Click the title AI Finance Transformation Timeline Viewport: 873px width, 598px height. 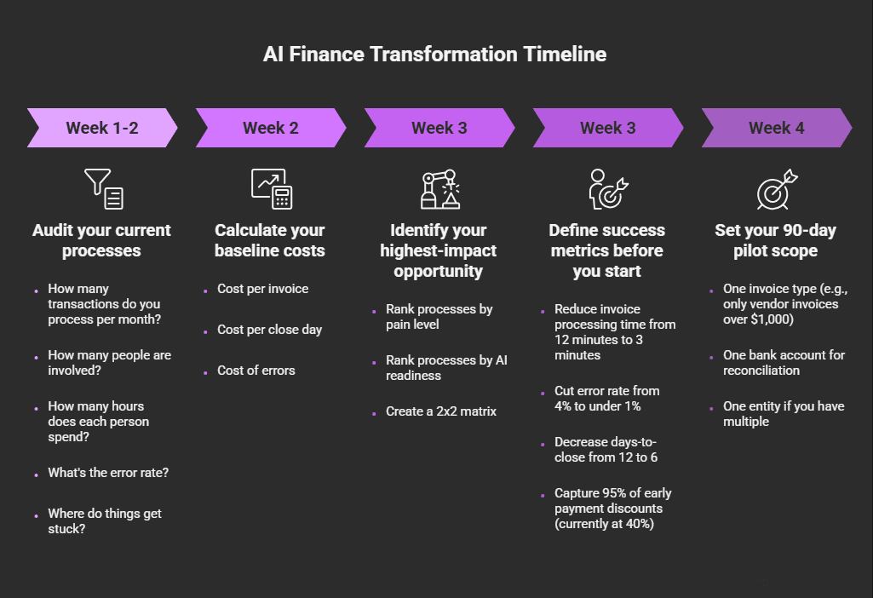point(435,55)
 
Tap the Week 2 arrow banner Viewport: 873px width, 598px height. point(271,129)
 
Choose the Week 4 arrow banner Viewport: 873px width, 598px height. point(776,129)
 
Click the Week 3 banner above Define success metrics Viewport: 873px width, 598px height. point(608,129)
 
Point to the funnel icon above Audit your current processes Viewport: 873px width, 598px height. point(103,188)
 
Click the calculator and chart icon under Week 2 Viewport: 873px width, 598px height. point(271,188)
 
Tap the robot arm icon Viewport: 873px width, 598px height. point(439,188)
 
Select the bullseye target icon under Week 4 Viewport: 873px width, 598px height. point(777,188)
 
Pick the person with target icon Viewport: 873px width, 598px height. point(608,188)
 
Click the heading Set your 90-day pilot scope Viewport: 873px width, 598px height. point(776,240)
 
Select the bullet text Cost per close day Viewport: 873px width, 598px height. point(269,330)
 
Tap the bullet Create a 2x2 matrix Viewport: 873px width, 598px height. point(440,411)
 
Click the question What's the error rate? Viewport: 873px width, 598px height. point(108,473)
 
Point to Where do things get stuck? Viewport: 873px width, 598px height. point(105,521)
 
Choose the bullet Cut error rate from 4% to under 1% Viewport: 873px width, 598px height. point(606,399)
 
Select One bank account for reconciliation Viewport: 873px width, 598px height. point(784,363)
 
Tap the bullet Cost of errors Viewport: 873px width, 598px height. point(256,371)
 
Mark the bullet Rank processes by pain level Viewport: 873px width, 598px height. point(439,317)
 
